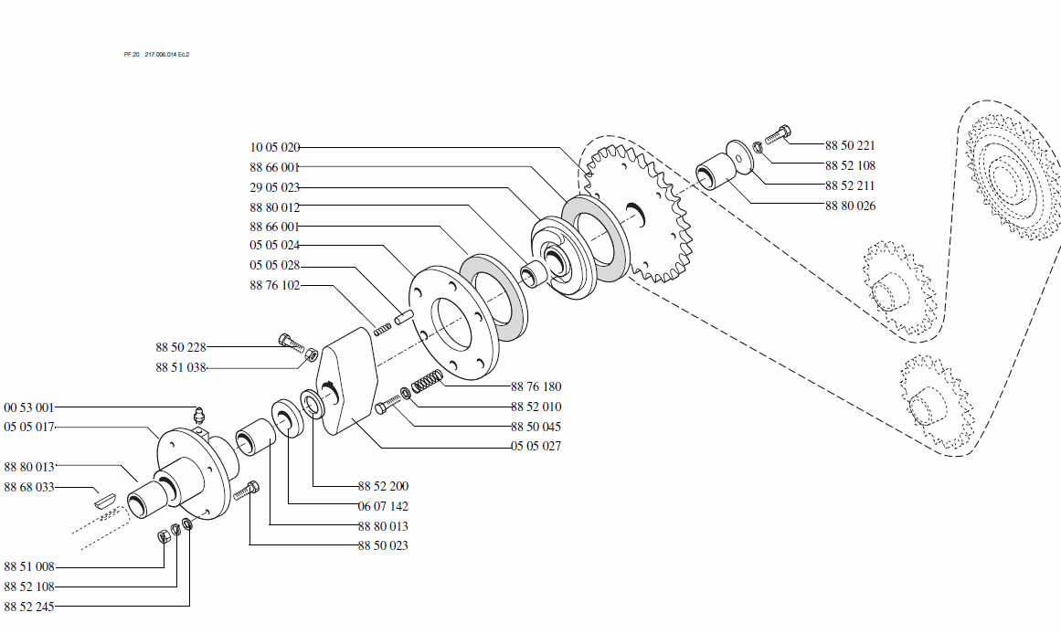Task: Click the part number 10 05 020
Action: (274, 147)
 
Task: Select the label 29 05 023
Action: (274, 187)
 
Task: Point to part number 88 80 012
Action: (274, 207)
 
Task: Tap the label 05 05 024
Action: (274, 246)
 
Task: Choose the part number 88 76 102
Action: (274, 286)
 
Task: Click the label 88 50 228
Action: (181, 347)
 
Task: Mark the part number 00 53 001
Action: (29, 407)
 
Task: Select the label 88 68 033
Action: (29, 488)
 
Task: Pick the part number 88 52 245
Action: (29, 607)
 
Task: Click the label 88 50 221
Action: (850, 145)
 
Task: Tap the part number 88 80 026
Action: (850, 206)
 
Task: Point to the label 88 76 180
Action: (536, 386)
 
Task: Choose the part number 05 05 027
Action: (536, 447)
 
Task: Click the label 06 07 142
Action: (383, 506)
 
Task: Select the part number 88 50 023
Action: (383, 546)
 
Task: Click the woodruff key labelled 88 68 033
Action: (105, 500)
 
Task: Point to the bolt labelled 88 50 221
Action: (776, 135)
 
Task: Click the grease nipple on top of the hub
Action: (200, 416)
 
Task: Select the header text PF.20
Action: (131, 55)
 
